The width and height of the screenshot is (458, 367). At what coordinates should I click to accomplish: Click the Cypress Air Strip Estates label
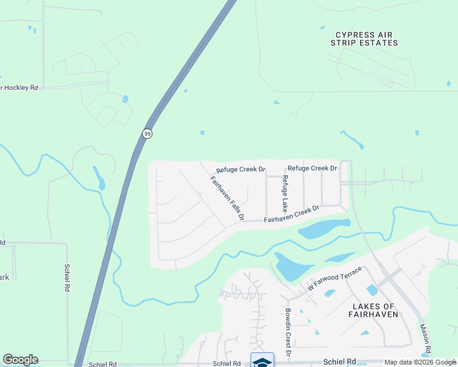coord(364,39)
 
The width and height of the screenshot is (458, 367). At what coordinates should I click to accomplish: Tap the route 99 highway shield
coord(147,133)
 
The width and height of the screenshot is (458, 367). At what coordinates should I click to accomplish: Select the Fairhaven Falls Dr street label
coord(228,198)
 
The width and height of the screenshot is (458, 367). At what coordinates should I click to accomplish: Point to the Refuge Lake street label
coord(285,190)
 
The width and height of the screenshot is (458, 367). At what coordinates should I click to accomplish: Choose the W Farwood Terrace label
coord(334,278)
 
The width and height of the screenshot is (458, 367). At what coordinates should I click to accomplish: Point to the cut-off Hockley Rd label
coord(20,87)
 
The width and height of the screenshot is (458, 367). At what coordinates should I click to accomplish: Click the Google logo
coord(20,360)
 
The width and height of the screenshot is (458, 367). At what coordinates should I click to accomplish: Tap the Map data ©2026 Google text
coord(420,362)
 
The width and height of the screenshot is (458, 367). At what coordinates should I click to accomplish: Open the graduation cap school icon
coord(262,361)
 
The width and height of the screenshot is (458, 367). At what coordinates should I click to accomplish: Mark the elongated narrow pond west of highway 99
coord(99,178)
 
